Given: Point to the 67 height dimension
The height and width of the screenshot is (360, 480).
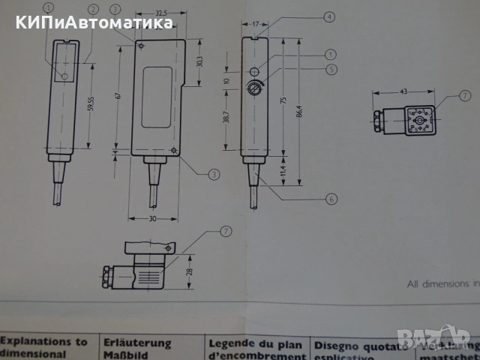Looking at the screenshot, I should (118, 97).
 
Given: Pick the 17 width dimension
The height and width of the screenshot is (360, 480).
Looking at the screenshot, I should (256, 23).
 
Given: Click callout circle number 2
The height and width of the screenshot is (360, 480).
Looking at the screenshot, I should (93, 9).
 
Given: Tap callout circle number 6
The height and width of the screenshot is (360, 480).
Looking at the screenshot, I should (331, 199).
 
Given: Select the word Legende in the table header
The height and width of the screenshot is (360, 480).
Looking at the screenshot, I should (229, 343).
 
